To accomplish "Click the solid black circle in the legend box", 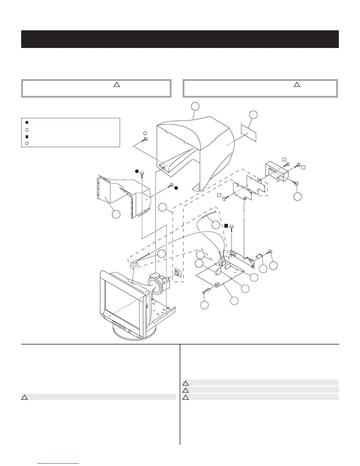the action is [27, 122].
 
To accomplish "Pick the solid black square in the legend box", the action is [27, 137].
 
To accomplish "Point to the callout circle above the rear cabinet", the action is [195, 106].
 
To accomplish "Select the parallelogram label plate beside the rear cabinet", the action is [249, 132].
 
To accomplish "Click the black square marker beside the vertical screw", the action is [226, 226].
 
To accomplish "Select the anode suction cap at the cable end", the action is [134, 264].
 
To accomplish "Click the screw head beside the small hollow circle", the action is [145, 139].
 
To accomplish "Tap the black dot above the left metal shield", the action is [137, 171].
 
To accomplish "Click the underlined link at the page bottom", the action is [59, 464].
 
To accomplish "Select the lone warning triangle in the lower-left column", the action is [24, 397].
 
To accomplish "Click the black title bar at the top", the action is [180, 39].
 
